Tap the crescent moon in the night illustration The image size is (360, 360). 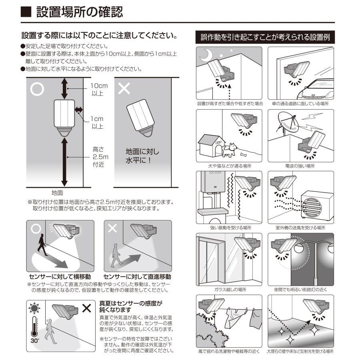point(207,54)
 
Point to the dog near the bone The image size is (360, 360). point(229,150)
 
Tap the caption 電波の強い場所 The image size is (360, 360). point(300,166)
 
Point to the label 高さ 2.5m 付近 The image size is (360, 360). point(98,156)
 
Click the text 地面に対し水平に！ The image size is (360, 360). point(142,156)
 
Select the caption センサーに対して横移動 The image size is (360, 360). point(60,277)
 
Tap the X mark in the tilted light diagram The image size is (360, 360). point(124,89)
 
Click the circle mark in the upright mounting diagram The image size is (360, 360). point(37,89)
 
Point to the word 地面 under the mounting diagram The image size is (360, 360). point(58,192)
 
